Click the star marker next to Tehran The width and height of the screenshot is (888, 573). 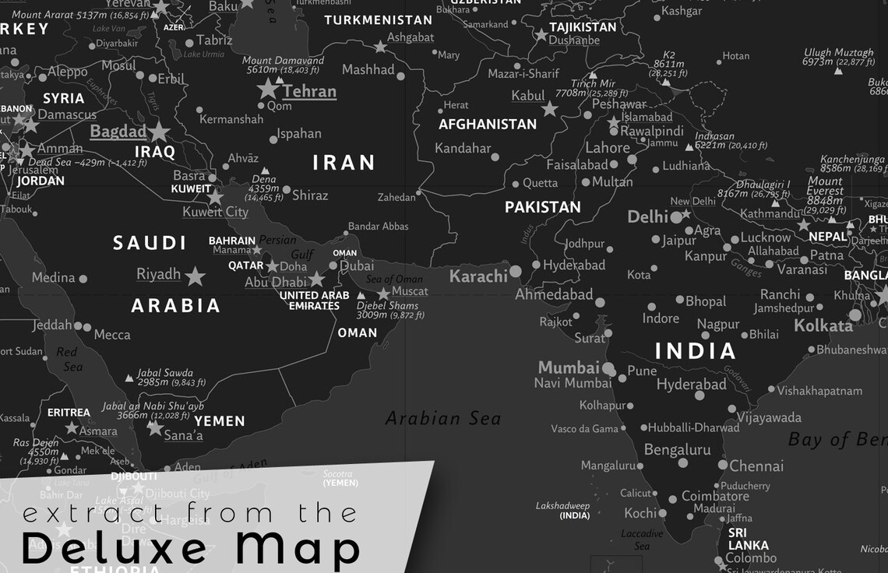click(x=268, y=88)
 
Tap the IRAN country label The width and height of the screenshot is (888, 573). click(x=344, y=162)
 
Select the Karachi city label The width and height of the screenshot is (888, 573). click(x=478, y=276)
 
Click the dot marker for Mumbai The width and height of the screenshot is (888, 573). click(x=608, y=368)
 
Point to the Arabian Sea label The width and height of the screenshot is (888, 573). click(x=442, y=419)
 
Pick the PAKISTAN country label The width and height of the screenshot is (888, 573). click(x=542, y=207)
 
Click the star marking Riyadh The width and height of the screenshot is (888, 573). click(x=195, y=276)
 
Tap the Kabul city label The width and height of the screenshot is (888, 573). click(x=527, y=96)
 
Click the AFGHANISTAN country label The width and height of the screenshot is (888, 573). click(x=487, y=124)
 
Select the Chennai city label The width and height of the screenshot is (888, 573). click(x=756, y=466)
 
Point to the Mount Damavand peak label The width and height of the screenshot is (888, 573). click(x=283, y=61)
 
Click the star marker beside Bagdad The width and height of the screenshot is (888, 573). click(x=159, y=131)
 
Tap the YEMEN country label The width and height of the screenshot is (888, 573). click(x=219, y=421)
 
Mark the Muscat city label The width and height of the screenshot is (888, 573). click(x=410, y=291)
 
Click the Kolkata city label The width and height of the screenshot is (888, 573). click(x=823, y=325)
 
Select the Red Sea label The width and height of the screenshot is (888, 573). click(x=69, y=359)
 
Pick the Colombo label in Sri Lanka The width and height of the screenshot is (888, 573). click(x=751, y=558)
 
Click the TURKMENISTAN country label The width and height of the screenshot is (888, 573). click(x=378, y=19)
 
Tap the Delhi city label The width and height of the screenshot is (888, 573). click(x=647, y=216)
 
